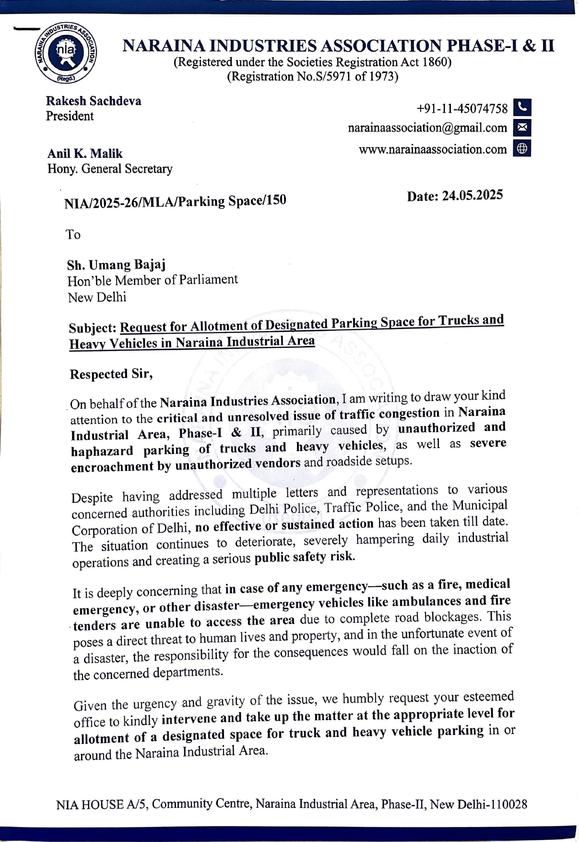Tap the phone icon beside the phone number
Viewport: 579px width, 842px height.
(522, 107)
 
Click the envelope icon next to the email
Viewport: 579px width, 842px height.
(522, 128)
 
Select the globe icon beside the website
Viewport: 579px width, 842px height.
(522, 149)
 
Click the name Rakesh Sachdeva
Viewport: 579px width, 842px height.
(94, 101)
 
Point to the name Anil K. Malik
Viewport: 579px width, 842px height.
(85, 154)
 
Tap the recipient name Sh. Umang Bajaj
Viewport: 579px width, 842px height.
(117, 265)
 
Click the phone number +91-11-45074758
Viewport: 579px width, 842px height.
(462, 109)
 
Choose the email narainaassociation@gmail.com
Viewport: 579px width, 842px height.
(427, 128)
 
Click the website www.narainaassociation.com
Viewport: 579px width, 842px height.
(432, 150)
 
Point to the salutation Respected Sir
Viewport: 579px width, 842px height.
(111, 374)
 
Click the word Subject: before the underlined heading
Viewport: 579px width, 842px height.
(93, 328)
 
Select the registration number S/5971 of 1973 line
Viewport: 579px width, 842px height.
(312, 77)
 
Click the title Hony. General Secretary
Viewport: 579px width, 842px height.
(110, 169)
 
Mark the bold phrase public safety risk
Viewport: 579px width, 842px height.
(304, 557)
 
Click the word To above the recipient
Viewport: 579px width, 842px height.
(73, 235)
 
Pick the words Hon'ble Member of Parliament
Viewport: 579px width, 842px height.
(153, 280)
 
